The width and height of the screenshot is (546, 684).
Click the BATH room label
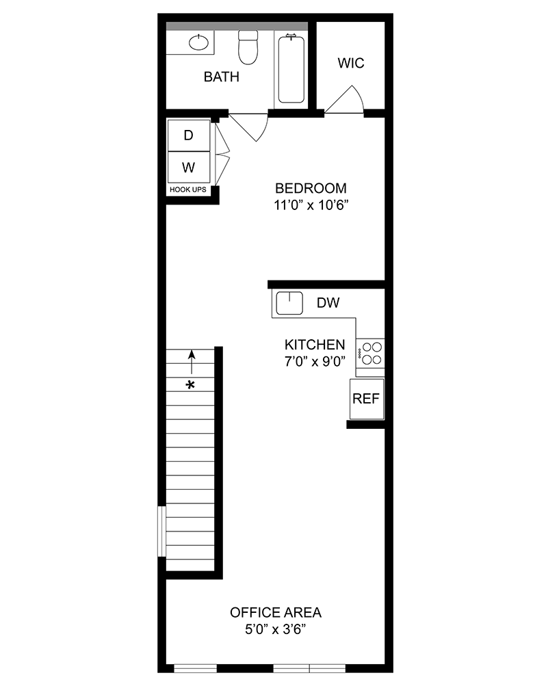click(x=222, y=77)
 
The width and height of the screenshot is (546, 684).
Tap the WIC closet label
click(x=351, y=64)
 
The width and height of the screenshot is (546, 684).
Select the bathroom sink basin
click(x=198, y=44)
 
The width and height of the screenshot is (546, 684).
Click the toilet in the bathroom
click(x=246, y=48)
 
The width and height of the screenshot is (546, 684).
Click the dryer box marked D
click(x=189, y=135)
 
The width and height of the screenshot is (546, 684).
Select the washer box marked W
click(x=189, y=167)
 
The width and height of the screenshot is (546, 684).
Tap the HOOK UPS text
click(x=188, y=189)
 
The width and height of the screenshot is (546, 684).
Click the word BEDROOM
click(x=311, y=188)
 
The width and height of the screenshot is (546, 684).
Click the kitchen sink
click(x=289, y=302)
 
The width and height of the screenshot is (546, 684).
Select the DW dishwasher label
click(x=328, y=303)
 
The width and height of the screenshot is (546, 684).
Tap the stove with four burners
click(x=372, y=353)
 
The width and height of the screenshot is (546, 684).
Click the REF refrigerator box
click(x=366, y=399)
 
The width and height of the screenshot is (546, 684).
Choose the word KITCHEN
click(x=315, y=344)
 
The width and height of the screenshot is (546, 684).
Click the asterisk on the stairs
click(x=191, y=385)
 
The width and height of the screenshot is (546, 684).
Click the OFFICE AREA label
click(x=276, y=612)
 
